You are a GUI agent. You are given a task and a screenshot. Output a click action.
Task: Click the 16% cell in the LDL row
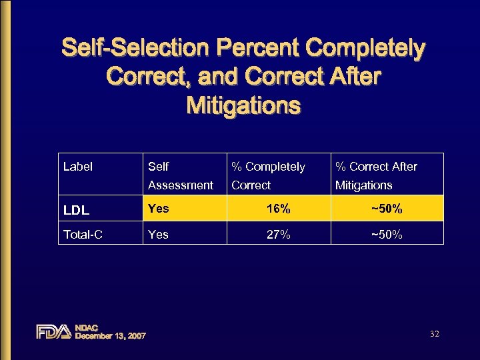click(x=277, y=209)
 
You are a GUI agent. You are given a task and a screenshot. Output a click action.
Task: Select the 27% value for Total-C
click(x=277, y=234)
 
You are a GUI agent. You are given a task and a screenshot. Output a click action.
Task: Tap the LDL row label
click(x=77, y=210)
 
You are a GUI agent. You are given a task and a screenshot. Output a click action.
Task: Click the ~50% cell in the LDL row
click(x=387, y=209)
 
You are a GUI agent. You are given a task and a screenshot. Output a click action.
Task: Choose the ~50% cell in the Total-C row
click(x=387, y=234)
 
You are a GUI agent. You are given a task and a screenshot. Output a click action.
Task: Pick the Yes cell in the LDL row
click(x=159, y=209)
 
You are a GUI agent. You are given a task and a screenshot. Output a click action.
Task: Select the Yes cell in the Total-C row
click(x=159, y=234)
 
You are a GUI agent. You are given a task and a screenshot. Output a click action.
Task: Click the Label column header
click(x=77, y=167)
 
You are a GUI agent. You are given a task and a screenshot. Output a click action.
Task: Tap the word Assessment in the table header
click(x=181, y=185)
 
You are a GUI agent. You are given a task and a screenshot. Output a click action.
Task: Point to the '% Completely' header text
click(x=268, y=167)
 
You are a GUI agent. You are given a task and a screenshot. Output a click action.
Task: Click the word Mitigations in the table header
click(x=364, y=185)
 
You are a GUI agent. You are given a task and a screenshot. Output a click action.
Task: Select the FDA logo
click(x=53, y=331)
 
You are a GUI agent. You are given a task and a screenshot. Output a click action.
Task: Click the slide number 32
click(x=435, y=333)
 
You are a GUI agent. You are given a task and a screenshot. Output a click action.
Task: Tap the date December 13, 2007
click(x=110, y=336)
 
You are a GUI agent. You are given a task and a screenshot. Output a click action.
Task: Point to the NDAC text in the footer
click(x=87, y=327)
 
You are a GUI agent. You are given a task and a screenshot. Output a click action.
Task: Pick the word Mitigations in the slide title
click(x=243, y=105)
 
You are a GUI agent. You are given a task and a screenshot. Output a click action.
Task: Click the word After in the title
click(x=349, y=77)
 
